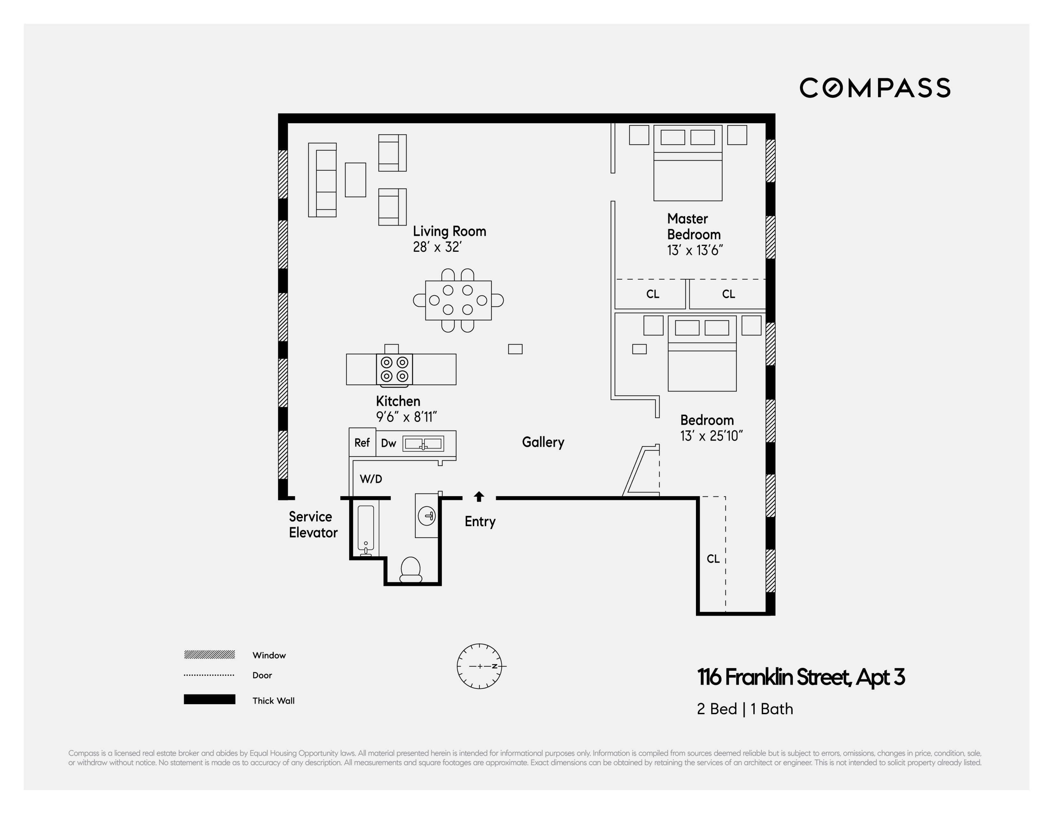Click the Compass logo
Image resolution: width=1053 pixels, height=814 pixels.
[x=875, y=88]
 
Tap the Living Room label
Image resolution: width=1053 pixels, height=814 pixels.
[x=449, y=231]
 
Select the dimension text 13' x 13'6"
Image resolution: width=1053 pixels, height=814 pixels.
[x=695, y=250]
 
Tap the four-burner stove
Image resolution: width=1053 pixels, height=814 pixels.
[x=394, y=370]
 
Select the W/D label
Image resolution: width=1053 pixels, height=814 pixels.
[x=371, y=479]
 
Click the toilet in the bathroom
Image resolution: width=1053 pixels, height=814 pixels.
[x=411, y=570]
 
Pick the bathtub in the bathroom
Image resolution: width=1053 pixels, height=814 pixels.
[x=366, y=529]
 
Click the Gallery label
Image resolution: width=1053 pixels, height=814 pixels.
[x=543, y=442]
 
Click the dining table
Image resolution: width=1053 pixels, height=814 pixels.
[x=458, y=301]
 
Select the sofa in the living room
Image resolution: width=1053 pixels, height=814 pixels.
[x=322, y=180]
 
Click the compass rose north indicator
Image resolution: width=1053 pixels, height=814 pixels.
[x=495, y=666]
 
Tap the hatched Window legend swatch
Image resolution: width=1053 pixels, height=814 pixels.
[x=209, y=654]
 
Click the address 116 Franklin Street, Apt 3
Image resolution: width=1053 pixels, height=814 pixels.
[x=801, y=677]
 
